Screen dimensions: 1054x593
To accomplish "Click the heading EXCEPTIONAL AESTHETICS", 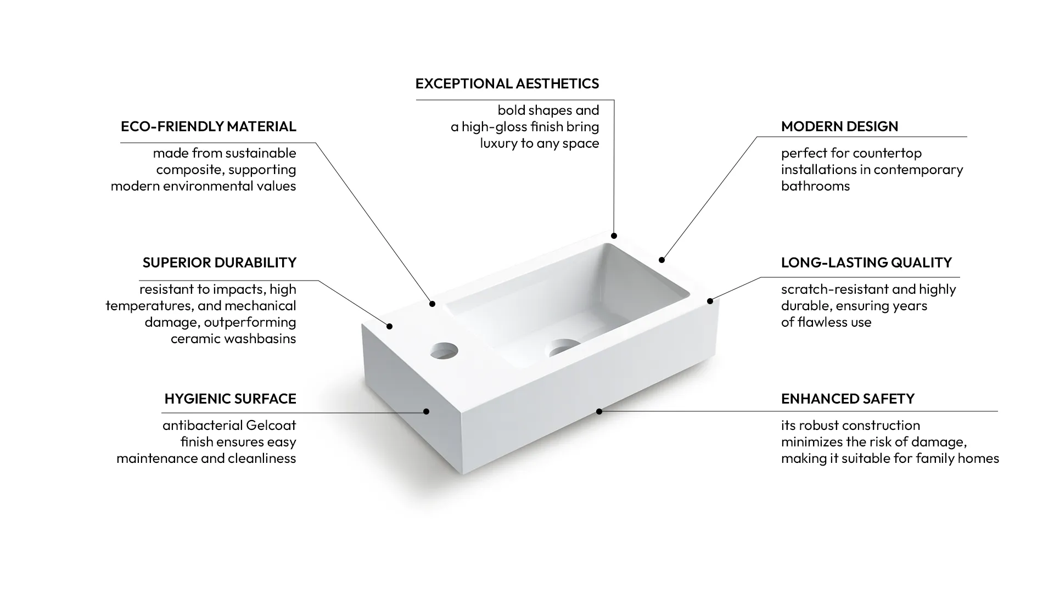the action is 507,83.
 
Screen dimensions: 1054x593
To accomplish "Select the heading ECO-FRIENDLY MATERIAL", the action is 208,126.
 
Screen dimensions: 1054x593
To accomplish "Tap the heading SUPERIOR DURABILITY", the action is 219,262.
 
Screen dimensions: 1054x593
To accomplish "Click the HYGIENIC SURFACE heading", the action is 230,399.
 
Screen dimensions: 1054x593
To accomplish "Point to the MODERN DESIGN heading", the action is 839,126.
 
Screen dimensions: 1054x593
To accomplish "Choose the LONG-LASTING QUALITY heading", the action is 866,262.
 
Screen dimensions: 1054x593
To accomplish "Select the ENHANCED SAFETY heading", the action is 848,399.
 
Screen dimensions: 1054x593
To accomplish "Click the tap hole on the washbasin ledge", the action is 444,350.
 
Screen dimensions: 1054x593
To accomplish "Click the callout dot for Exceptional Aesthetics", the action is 614,236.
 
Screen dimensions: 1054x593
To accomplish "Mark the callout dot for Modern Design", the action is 661,260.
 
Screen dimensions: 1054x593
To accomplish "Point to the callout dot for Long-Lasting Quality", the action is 710,301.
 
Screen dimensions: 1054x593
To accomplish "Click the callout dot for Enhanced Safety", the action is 599,411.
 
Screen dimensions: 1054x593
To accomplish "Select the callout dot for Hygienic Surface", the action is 426,411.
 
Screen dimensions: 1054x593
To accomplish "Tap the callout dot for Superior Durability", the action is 389,326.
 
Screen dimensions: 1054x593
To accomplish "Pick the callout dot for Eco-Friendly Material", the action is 432,304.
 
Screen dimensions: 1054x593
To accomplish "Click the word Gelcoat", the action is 271,426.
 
